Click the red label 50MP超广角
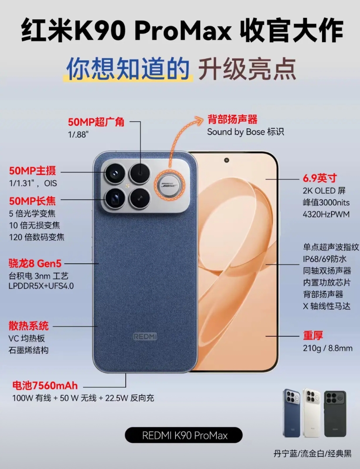pyautogui.click(x=96, y=122)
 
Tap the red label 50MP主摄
pyautogui.click(x=32, y=171)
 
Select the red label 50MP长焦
pyautogui.click(x=32, y=201)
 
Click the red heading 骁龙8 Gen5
pyautogui.click(x=35, y=263)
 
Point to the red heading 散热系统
pyautogui.click(x=28, y=326)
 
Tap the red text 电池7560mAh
pyautogui.click(x=45, y=386)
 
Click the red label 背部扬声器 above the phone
pyautogui.click(x=232, y=119)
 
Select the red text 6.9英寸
pyautogui.click(x=319, y=178)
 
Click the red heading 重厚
pyautogui.click(x=313, y=336)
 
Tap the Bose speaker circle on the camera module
pyautogui.click(x=170, y=185)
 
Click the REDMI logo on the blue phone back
pyautogui.click(x=145, y=337)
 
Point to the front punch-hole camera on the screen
pyautogui.click(x=226, y=160)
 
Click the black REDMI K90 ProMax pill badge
pyautogui.click(x=184, y=435)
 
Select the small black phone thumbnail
pyautogui.click(x=335, y=414)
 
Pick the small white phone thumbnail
pyautogui.click(x=312, y=413)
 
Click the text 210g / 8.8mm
pyautogui.click(x=327, y=348)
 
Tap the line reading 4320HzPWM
pyautogui.click(x=326, y=214)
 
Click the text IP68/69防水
pyautogui.click(x=325, y=259)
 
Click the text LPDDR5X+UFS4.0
pyautogui.click(x=41, y=286)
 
